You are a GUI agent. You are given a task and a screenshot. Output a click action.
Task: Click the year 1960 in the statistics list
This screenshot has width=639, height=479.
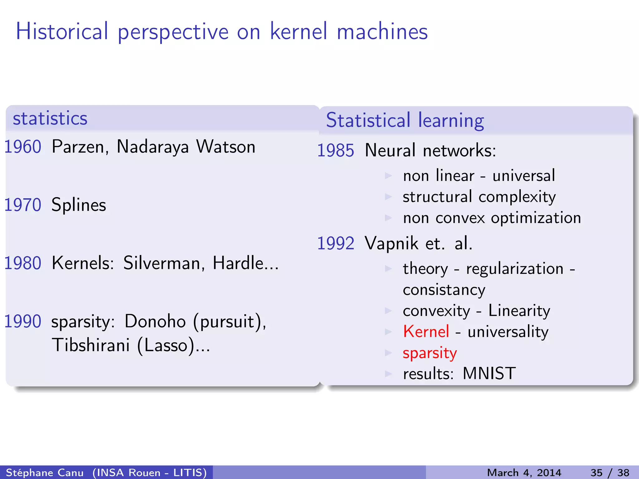click(x=23, y=147)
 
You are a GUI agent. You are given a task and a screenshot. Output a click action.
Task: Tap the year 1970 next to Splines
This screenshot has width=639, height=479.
click(x=23, y=205)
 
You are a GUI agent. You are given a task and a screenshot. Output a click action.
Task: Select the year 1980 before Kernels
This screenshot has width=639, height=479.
click(x=23, y=263)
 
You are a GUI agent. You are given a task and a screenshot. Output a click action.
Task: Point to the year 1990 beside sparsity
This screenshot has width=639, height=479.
click(x=23, y=321)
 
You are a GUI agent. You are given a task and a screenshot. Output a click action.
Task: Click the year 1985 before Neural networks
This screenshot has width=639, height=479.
click(x=336, y=150)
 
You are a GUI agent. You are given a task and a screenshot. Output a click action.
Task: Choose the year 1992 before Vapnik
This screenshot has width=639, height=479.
click(x=336, y=243)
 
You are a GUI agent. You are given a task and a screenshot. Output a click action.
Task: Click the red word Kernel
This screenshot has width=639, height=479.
click(x=426, y=331)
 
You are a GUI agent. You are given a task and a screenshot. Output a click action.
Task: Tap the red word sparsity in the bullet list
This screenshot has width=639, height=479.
click(x=430, y=353)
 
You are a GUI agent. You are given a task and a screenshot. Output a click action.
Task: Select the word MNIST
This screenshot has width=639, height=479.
click(x=489, y=373)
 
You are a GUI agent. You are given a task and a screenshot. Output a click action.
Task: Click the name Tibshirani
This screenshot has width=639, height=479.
click(x=91, y=345)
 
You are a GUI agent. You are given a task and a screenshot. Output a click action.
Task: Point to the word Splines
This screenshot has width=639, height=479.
click(x=79, y=205)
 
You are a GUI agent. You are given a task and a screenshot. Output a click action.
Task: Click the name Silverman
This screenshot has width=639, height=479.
click(x=164, y=263)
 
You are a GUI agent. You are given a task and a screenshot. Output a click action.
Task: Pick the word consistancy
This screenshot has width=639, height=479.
click(x=444, y=290)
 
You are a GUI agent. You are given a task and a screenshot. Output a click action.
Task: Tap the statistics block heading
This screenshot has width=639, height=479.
click(x=50, y=119)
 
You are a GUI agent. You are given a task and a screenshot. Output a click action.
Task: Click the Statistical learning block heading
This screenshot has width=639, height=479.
click(x=405, y=120)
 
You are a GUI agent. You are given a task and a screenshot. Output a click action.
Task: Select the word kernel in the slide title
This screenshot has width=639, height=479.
click(x=299, y=31)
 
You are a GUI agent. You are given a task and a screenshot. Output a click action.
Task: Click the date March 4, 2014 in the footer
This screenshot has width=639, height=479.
click(x=524, y=472)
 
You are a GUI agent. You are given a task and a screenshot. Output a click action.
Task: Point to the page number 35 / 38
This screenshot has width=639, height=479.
click(x=610, y=472)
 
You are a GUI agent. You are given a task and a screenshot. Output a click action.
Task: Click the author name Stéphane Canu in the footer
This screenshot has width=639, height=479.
click(x=45, y=472)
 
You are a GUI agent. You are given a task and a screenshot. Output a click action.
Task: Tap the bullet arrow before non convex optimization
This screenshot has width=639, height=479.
click(x=388, y=218)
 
